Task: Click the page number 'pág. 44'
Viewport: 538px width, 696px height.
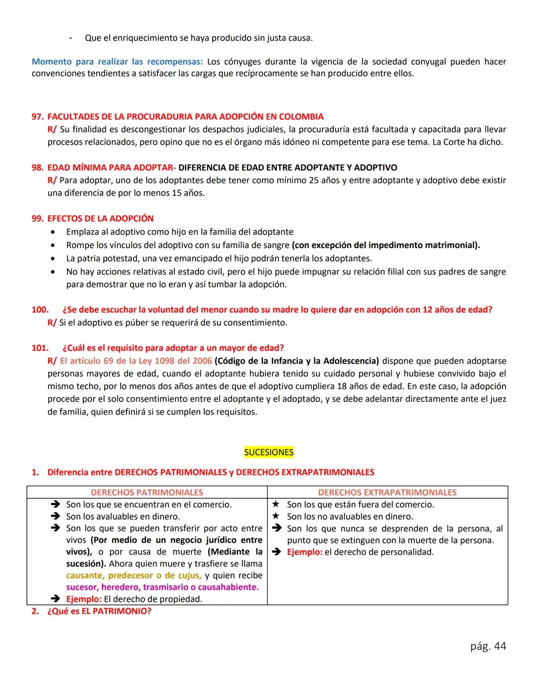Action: click(488, 646)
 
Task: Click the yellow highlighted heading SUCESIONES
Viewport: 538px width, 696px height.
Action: click(269, 452)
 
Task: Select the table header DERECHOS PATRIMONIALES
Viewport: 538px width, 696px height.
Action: click(147, 492)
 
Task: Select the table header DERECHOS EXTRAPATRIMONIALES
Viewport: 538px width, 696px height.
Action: click(387, 492)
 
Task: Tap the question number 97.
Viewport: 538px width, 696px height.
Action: click(37, 117)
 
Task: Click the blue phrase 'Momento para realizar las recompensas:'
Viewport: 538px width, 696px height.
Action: click(117, 62)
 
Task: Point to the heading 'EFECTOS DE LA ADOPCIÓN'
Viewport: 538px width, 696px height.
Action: click(100, 218)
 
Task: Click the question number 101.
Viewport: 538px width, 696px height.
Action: click(40, 348)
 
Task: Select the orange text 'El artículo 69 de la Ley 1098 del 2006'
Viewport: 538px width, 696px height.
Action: click(135, 361)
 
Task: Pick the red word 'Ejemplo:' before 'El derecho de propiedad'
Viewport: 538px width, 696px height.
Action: click(84, 599)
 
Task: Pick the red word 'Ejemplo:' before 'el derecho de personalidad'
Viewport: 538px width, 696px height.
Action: click(304, 552)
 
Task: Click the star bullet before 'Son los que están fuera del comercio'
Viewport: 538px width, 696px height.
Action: click(275, 504)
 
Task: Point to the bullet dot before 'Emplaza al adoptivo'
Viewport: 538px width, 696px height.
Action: click(53, 232)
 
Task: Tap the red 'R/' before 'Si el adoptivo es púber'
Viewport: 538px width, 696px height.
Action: click(52, 322)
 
